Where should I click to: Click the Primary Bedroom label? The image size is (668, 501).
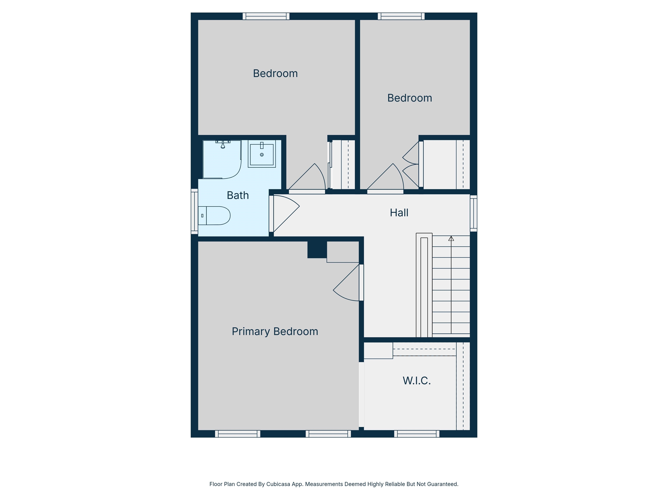tap(275, 332)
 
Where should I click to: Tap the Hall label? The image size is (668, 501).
tap(399, 213)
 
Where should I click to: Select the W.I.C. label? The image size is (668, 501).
tap(416, 381)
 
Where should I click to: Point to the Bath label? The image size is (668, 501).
tap(238, 195)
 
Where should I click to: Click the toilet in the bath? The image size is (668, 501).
tap(214, 216)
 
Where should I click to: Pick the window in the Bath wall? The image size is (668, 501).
tap(194, 211)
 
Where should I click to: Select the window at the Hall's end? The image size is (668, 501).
tap(474, 213)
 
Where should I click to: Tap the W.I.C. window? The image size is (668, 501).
tap(417, 434)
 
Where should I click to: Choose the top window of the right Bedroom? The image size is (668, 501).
tap(401, 16)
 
